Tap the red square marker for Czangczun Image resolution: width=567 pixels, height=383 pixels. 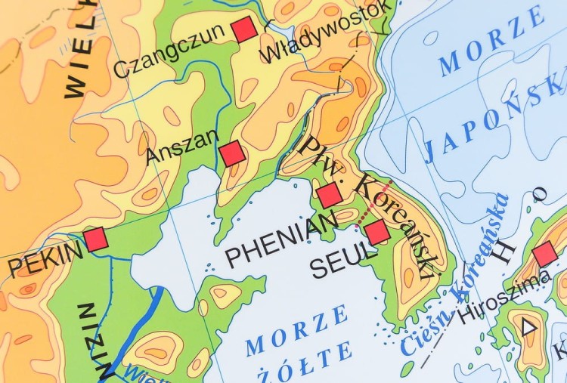pyautogui.click(x=244, y=29)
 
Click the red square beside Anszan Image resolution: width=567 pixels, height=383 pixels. pyautogui.click(x=232, y=153)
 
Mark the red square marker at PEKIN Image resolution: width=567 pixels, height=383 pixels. pyautogui.click(x=96, y=239)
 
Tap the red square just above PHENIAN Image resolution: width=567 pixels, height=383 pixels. pyautogui.click(x=330, y=196)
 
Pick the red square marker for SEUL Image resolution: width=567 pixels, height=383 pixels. pyautogui.click(x=377, y=232)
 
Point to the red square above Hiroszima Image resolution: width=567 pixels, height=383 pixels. pyautogui.click(x=544, y=255)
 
